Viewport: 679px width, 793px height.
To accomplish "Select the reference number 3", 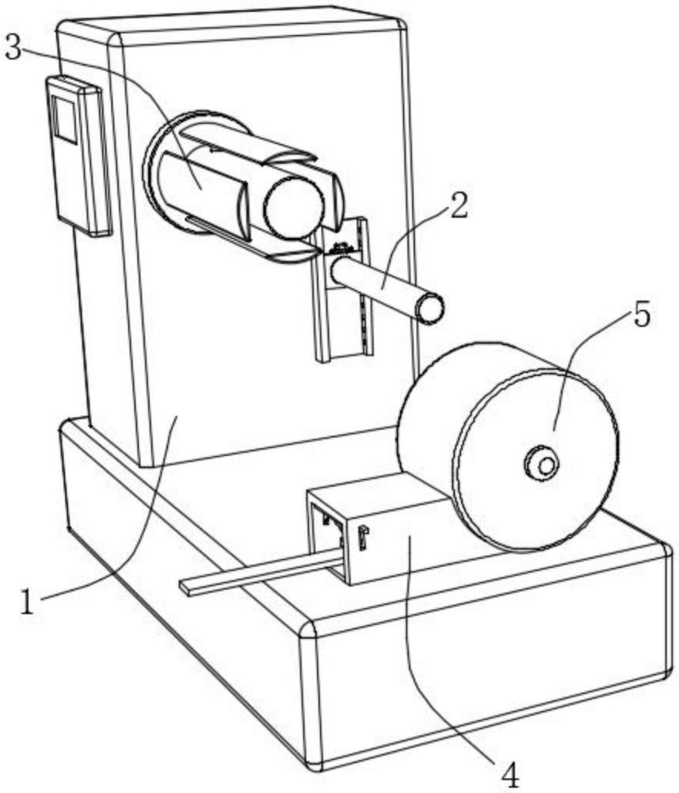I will click(x=13, y=47).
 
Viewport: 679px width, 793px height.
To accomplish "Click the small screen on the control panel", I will click(x=64, y=119).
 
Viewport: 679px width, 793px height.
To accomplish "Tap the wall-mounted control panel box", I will click(x=79, y=155).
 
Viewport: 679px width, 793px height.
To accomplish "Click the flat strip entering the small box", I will click(x=254, y=573).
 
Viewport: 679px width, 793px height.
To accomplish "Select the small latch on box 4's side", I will click(x=362, y=537).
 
